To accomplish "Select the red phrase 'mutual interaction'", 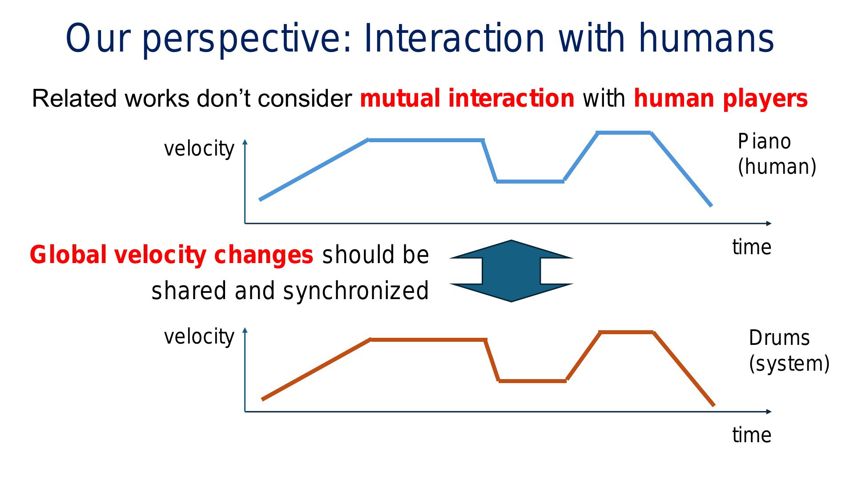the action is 467,98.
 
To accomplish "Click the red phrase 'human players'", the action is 721,99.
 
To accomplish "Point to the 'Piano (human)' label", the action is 777,154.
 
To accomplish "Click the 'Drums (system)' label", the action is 789,351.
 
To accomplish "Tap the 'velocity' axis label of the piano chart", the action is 199,149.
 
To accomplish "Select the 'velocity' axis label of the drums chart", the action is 199,337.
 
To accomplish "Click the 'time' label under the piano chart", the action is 752,247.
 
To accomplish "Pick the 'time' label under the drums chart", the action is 752,435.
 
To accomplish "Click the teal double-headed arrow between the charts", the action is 512,271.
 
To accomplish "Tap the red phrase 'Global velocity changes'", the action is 172,255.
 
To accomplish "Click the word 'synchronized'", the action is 356,291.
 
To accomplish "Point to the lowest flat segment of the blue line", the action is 530,181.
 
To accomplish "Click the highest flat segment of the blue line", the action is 624,132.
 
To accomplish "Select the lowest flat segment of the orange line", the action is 532,381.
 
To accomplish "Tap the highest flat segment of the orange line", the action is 626,332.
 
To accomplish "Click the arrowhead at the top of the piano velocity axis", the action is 245,142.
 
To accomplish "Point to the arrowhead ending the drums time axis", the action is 769,412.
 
